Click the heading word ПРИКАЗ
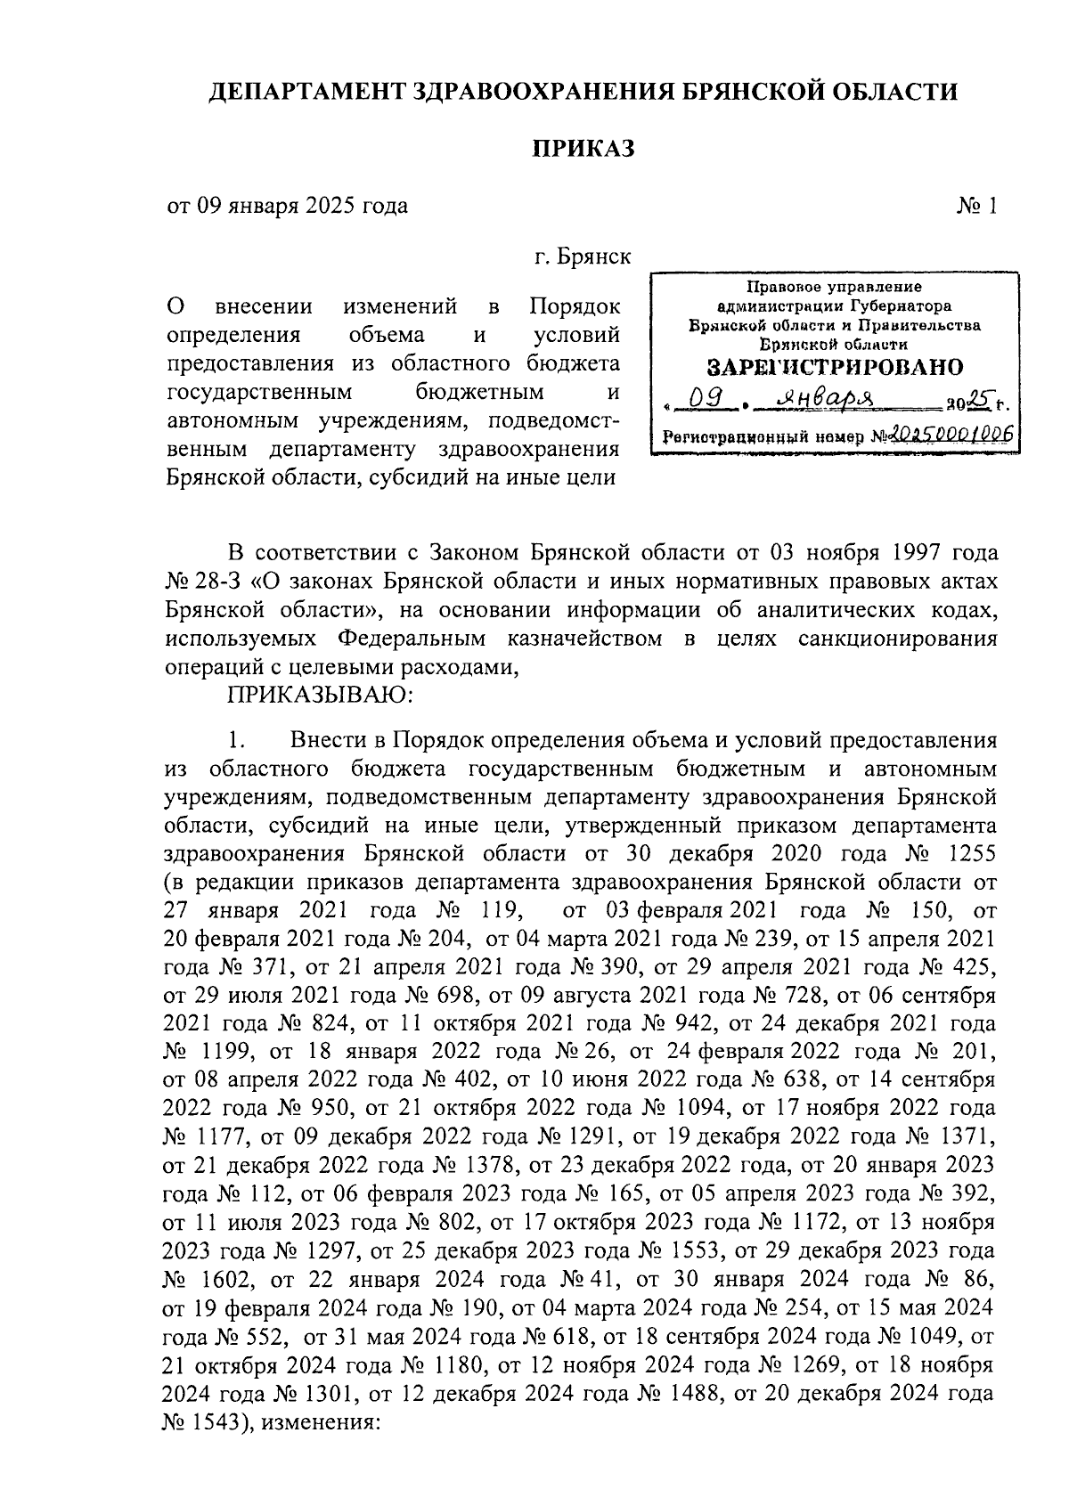click(x=583, y=148)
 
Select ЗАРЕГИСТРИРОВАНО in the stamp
click(x=835, y=368)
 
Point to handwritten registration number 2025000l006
click(x=950, y=435)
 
